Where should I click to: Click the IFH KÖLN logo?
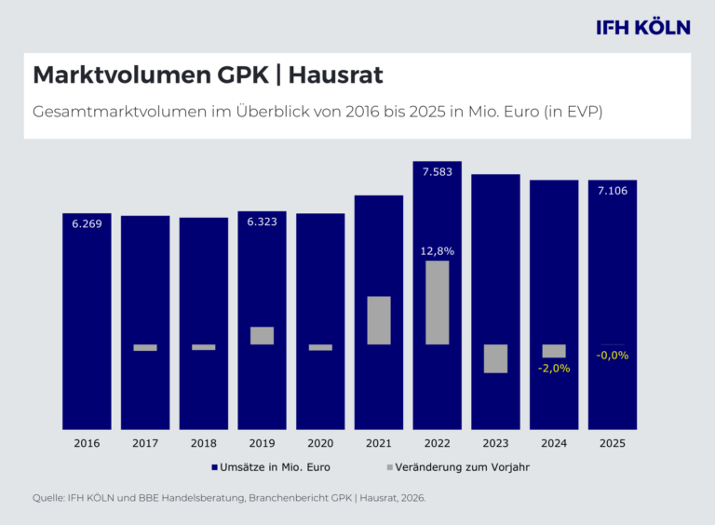(x=643, y=27)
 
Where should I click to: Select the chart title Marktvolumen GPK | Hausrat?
(x=208, y=74)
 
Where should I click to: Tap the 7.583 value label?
(x=438, y=172)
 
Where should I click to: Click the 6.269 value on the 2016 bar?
(x=87, y=223)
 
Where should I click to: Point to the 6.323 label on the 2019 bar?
(x=263, y=222)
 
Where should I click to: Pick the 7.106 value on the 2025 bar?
(x=613, y=191)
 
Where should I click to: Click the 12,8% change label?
(x=438, y=251)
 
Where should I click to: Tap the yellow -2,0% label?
(x=554, y=369)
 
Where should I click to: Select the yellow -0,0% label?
(x=613, y=355)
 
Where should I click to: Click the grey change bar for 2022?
(x=438, y=303)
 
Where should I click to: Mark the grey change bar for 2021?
(x=379, y=320)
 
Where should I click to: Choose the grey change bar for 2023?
(x=495, y=358)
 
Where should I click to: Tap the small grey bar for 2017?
(x=145, y=348)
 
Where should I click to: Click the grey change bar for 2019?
(x=263, y=335)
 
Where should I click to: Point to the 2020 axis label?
(x=320, y=443)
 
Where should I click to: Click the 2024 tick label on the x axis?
(x=554, y=443)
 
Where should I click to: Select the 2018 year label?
(x=203, y=443)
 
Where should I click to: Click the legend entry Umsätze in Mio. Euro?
(x=271, y=467)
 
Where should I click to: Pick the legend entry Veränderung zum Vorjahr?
(x=458, y=467)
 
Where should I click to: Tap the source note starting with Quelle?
(x=229, y=498)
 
